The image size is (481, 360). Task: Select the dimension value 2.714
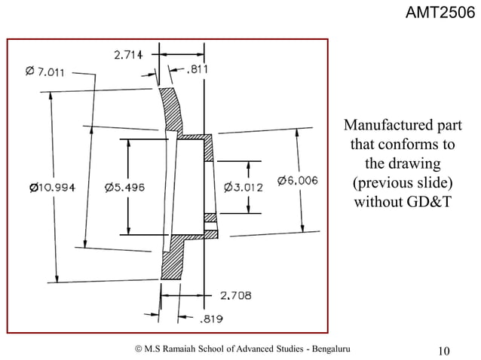click(131, 55)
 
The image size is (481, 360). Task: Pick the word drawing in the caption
click(415, 163)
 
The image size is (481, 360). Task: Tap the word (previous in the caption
click(381, 183)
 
